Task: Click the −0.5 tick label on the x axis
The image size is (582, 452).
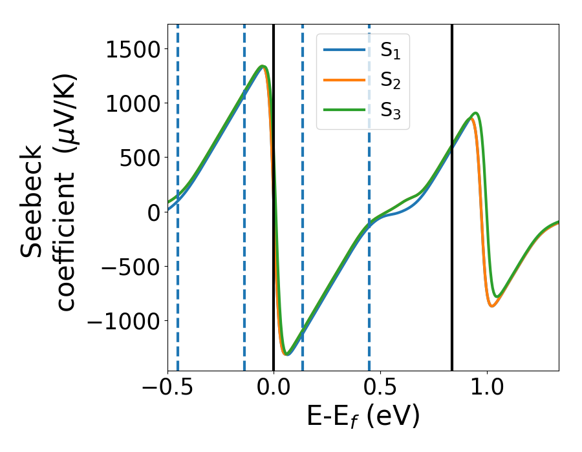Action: pyautogui.click(x=167, y=390)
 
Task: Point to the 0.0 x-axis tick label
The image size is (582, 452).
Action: pyautogui.click(x=274, y=390)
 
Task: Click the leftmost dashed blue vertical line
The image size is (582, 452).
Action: pyautogui.click(x=177, y=291)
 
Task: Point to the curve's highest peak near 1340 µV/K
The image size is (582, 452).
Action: pyautogui.click(x=262, y=66)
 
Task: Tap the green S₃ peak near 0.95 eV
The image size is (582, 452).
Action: pyautogui.click(x=476, y=113)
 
